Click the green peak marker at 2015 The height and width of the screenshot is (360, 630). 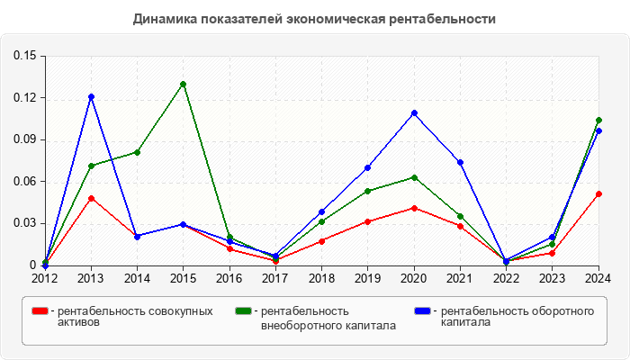pos(184,84)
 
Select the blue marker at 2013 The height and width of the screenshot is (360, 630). pos(91,96)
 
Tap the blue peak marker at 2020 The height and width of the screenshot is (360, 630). pos(414,112)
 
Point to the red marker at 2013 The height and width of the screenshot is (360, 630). pos(91,198)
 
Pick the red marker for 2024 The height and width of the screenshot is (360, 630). pos(598,193)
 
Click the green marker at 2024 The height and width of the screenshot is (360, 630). pos(598,120)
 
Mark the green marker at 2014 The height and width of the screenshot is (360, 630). pos(137,152)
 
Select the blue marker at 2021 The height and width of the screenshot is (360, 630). pos(460,162)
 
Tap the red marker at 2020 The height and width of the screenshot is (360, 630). pos(414,208)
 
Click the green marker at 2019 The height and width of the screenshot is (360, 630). pos(368,191)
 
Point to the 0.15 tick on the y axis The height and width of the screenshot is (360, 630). pos(24,56)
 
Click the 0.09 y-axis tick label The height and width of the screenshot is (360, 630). pos(24,139)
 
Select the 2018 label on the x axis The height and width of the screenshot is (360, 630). pos(321,279)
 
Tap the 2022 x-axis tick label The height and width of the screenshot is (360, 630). pos(506,279)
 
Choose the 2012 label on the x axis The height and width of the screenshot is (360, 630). pos(45,279)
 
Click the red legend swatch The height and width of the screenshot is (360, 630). pos(40,310)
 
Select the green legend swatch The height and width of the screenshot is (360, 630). pos(242,310)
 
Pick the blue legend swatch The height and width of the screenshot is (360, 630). pos(421,310)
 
